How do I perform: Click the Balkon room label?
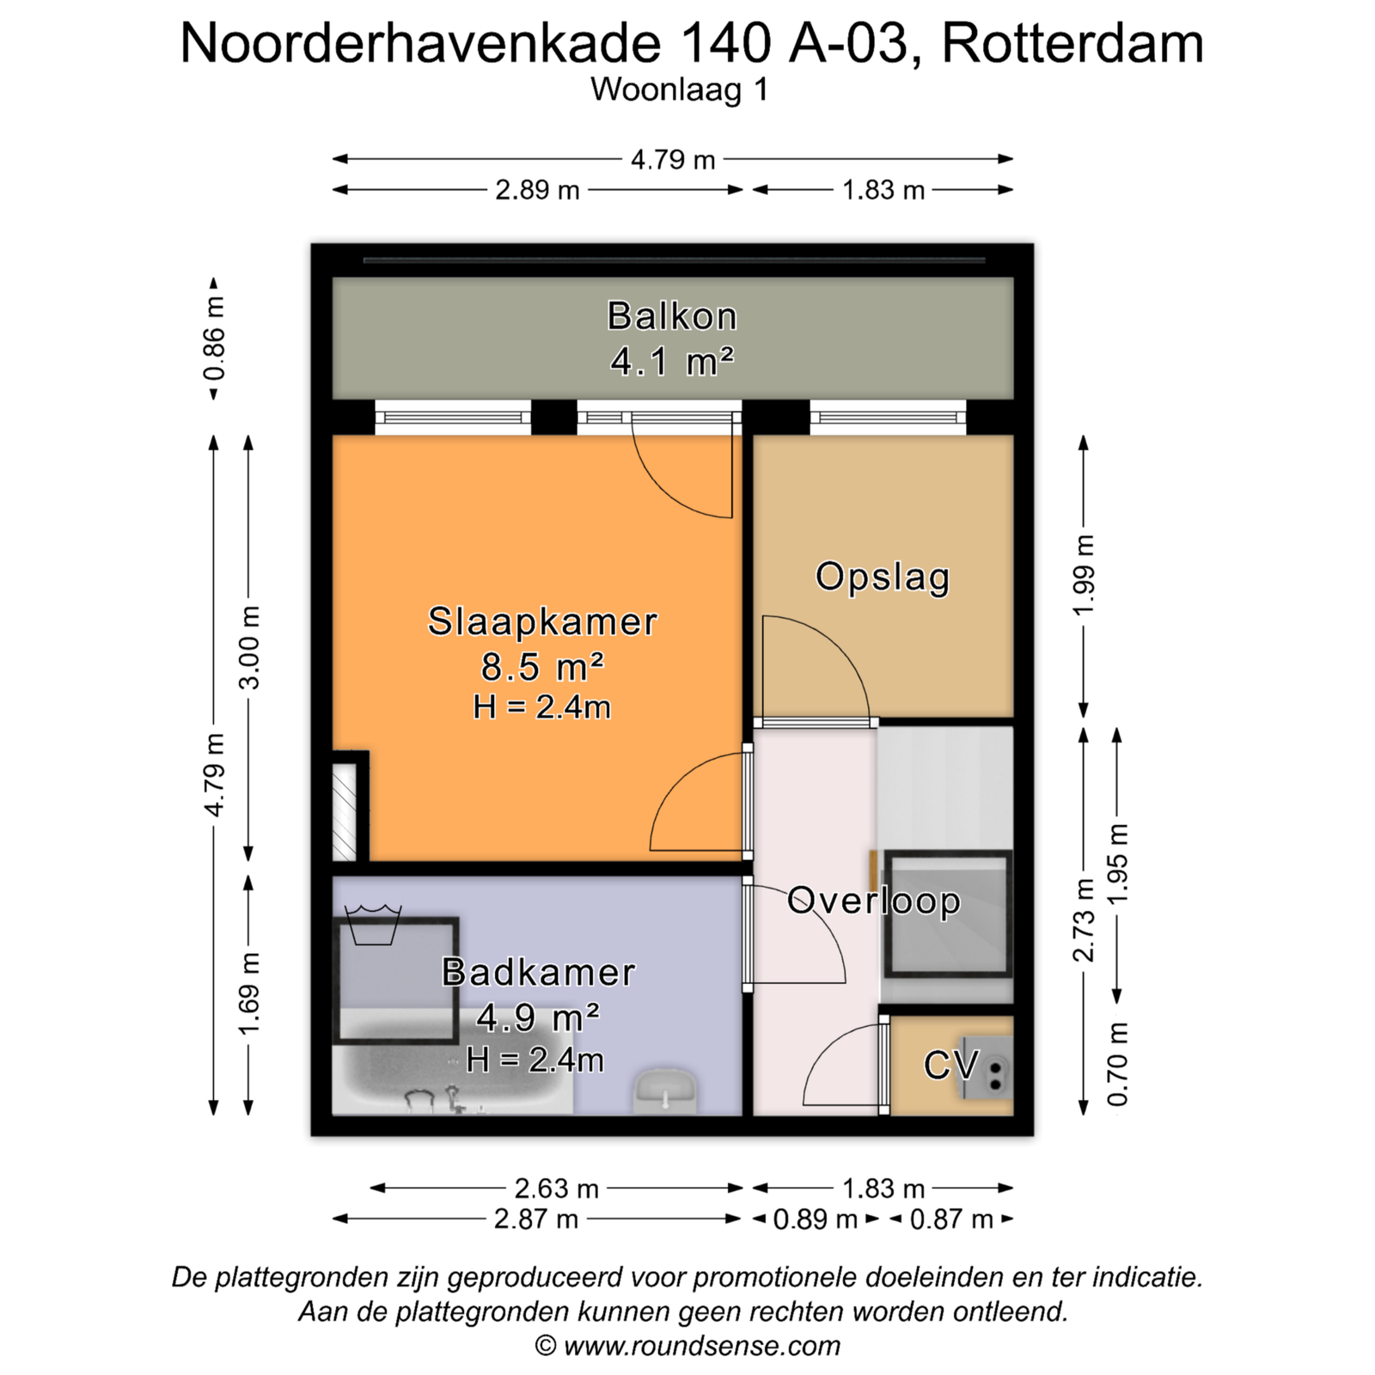[x=672, y=316]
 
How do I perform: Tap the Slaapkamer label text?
[x=542, y=621]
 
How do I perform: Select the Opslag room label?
[x=883, y=577]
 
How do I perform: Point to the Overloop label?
[x=874, y=901]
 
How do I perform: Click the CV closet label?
[x=950, y=1065]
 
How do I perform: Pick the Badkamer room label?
[x=539, y=972]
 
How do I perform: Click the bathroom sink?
[x=664, y=1091]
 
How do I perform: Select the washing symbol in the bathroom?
[x=373, y=924]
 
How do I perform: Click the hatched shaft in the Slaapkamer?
[x=344, y=810]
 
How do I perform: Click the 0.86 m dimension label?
[x=214, y=339]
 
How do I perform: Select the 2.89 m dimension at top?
[x=537, y=190]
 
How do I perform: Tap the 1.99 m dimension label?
[x=1084, y=574]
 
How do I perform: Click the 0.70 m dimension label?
[x=1117, y=1065]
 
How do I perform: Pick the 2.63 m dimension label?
[x=556, y=1189]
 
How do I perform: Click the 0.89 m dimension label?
[x=816, y=1219]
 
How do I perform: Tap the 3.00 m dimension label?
[x=248, y=648]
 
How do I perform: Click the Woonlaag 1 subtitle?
[x=679, y=89]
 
